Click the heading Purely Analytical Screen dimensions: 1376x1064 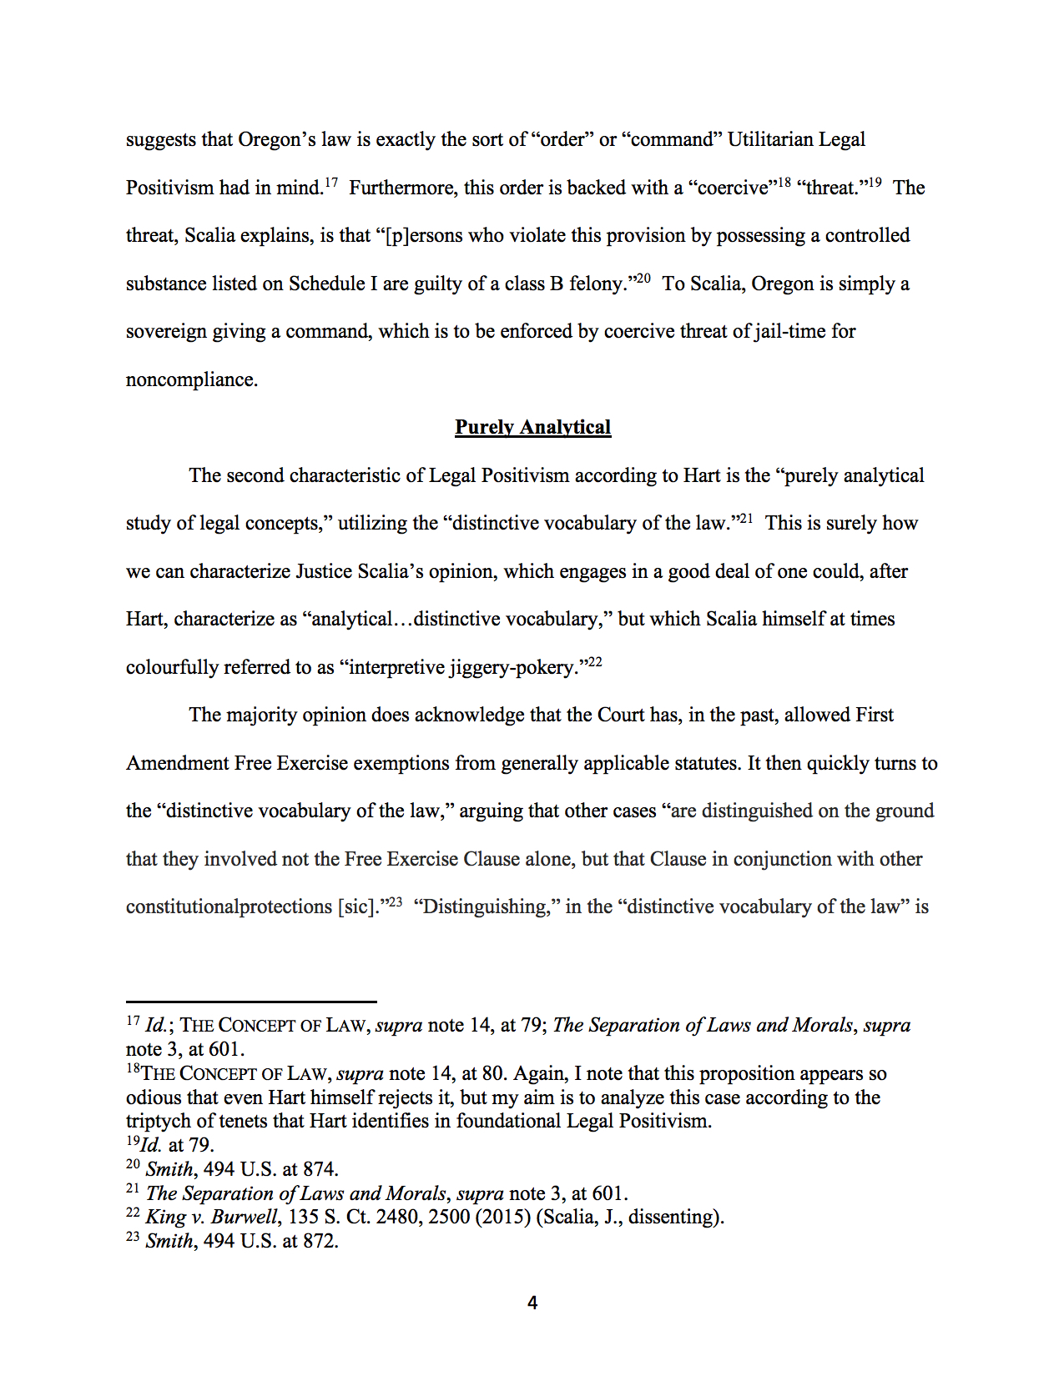[x=532, y=427]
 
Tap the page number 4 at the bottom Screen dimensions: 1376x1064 [x=532, y=1303]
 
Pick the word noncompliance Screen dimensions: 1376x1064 [x=191, y=380]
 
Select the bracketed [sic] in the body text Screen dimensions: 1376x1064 [x=357, y=907]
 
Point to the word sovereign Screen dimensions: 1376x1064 [x=165, y=332]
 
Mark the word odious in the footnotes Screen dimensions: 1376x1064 [x=152, y=1097]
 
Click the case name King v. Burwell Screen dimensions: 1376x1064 [x=211, y=1217]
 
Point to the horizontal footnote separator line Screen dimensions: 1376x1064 [x=251, y=1001]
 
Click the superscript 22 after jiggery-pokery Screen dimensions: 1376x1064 [x=594, y=662]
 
